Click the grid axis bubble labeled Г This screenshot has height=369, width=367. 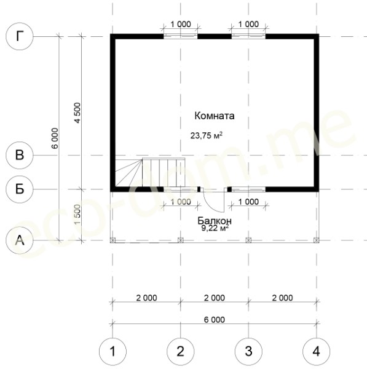(20, 36)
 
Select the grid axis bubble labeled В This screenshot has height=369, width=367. (20, 156)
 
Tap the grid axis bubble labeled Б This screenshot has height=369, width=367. (20, 189)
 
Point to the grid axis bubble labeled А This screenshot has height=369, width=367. (20, 240)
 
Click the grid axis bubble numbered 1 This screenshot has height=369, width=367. (112, 351)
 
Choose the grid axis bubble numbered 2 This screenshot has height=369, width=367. (181, 351)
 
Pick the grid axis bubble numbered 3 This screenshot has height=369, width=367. (248, 351)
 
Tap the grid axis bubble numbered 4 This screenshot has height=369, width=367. (317, 351)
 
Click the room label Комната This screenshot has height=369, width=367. (215, 116)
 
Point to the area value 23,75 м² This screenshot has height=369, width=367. (207, 135)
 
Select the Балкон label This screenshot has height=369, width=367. (215, 221)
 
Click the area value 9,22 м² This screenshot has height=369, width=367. (215, 228)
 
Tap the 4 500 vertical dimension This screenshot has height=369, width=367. (77, 113)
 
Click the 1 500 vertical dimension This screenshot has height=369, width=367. (77, 215)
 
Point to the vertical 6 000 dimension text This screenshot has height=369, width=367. (55, 138)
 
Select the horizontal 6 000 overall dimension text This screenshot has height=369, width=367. (215, 320)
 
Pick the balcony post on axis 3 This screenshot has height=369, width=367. (248, 240)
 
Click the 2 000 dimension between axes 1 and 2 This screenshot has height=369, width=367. (146, 298)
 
